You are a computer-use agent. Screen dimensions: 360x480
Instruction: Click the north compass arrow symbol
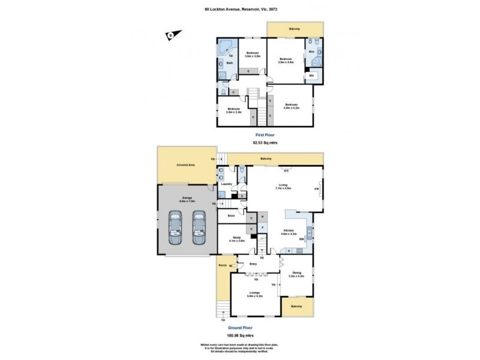(x=170, y=35)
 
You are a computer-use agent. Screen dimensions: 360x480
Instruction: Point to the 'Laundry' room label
(x=226, y=184)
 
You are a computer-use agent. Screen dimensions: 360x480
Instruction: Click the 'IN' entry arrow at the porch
(x=230, y=266)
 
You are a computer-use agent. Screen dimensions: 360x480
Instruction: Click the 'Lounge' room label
(x=254, y=293)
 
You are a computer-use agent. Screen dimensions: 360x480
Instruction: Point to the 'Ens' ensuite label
(x=311, y=52)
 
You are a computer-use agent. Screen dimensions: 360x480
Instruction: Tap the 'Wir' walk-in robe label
(x=311, y=76)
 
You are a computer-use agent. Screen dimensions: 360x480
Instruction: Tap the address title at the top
(x=240, y=9)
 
